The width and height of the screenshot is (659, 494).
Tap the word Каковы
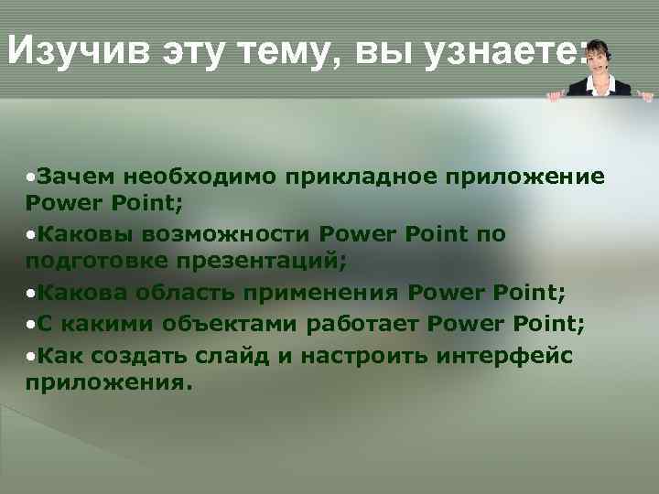coord(83,234)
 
